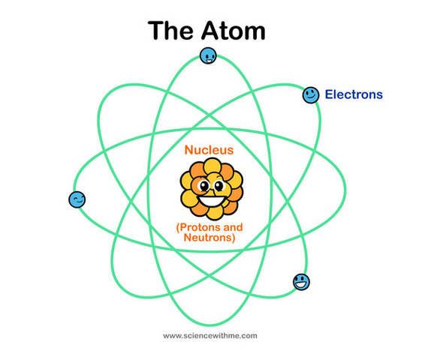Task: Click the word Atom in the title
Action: pos(234,31)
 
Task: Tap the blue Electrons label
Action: pos(354,94)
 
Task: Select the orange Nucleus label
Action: pos(209,150)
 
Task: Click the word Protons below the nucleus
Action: pos(200,227)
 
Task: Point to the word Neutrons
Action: pos(209,237)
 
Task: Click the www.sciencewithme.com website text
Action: pos(210,336)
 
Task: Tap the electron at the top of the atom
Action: pos(208,55)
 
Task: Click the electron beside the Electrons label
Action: pos(311,95)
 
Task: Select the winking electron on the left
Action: pos(77,199)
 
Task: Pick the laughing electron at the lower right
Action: pos(301,282)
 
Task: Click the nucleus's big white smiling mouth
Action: pos(212,201)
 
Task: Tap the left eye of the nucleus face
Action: pos(204,186)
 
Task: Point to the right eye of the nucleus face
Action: pos(219,186)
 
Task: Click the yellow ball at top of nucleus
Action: pos(212,166)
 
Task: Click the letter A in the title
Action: pos(211,31)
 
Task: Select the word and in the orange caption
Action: pos(233,227)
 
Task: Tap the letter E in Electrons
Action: pos(329,94)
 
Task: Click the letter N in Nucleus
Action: pos(188,150)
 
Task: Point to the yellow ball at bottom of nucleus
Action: pos(215,212)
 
